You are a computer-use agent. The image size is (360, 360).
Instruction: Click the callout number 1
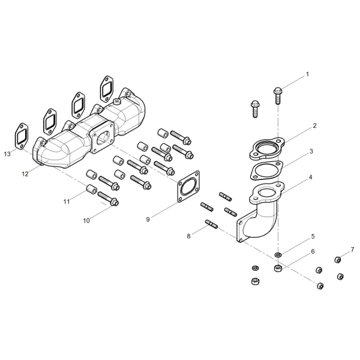click(x=307, y=74)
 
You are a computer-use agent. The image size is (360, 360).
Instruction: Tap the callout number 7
click(x=352, y=250)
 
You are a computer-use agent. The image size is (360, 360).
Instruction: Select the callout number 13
click(x=7, y=154)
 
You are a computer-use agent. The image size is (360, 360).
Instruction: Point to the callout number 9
click(x=148, y=220)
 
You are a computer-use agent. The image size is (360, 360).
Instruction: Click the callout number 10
click(x=86, y=221)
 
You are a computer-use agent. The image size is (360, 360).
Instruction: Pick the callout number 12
click(x=25, y=174)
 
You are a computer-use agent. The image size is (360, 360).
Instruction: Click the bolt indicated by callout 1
click(x=278, y=95)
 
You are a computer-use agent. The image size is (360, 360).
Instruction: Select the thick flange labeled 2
click(x=267, y=149)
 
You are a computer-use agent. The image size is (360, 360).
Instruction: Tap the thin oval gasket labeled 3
click(x=266, y=170)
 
